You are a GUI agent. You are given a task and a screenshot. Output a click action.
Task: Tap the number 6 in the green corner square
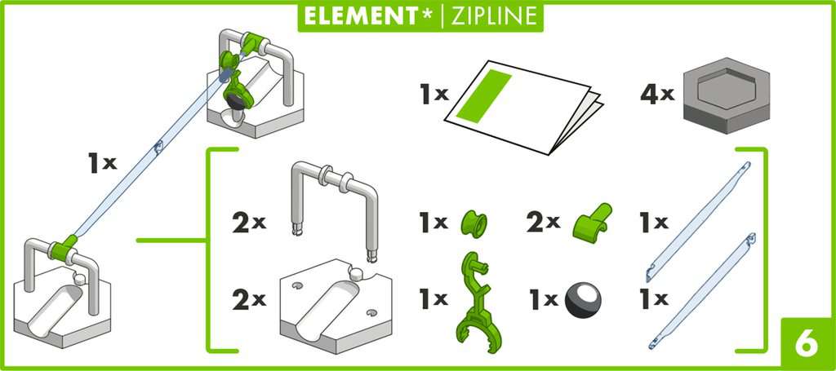click(x=804, y=343)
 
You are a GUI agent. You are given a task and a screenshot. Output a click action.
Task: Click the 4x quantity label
click(x=656, y=95)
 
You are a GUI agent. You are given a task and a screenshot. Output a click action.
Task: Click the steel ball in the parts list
click(x=583, y=299)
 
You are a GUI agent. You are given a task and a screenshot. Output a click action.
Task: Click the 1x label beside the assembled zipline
click(x=103, y=162)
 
